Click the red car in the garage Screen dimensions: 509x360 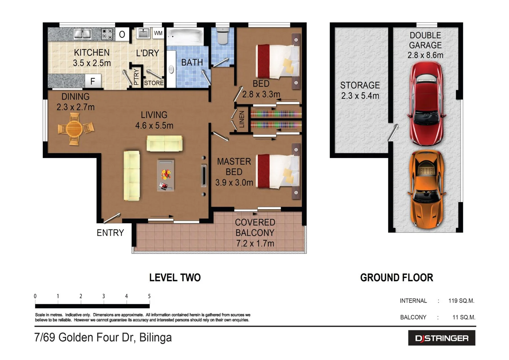(x=426, y=104)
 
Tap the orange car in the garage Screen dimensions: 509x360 (x=426, y=189)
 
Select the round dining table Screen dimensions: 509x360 (x=75, y=129)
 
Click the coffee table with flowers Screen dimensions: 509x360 (x=166, y=175)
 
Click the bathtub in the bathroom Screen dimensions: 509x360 (x=185, y=36)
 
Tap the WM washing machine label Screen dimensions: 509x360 (x=158, y=33)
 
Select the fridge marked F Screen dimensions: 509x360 (x=93, y=81)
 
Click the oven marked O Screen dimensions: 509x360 (x=122, y=34)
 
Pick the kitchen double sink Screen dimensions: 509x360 (x=82, y=34)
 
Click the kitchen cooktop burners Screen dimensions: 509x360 (x=107, y=34)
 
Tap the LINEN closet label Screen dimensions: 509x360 (x=242, y=119)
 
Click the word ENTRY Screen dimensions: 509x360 (x=110, y=233)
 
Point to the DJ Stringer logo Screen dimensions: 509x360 (x=442, y=338)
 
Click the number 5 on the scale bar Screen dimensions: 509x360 (x=149, y=296)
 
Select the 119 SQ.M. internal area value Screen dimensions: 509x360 (x=461, y=301)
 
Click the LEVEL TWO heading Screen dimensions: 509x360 (x=175, y=277)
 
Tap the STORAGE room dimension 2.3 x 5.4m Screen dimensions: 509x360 (x=360, y=96)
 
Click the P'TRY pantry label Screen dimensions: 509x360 (x=136, y=77)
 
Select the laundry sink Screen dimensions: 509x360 (x=143, y=33)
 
